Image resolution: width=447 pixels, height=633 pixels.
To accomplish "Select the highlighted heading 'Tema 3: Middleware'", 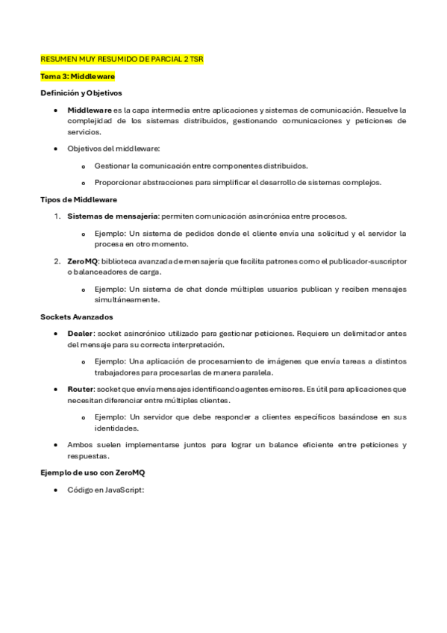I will pyautogui.click(x=78, y=76).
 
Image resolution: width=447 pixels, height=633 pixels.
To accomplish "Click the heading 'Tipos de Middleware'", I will pyautogui.click(x=78, y=199).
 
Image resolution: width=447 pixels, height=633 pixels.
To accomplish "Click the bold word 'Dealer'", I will pyautogui.click(x=81, y=334).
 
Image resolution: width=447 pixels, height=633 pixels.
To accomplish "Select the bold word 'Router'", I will pyautogui.click(x=81, y=390).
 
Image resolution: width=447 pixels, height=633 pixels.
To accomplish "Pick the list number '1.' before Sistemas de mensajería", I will pyautogui.click(x=57, y=216).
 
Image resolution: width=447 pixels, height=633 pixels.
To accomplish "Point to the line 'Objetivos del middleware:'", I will pyautogui.click(x=108, y=149).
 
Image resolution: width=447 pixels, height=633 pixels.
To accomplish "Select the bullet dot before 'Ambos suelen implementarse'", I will pyautogui.click(x=57, y=445).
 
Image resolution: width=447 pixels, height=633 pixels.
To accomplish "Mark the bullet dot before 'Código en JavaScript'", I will pyautogui.click(x=57, y=490).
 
